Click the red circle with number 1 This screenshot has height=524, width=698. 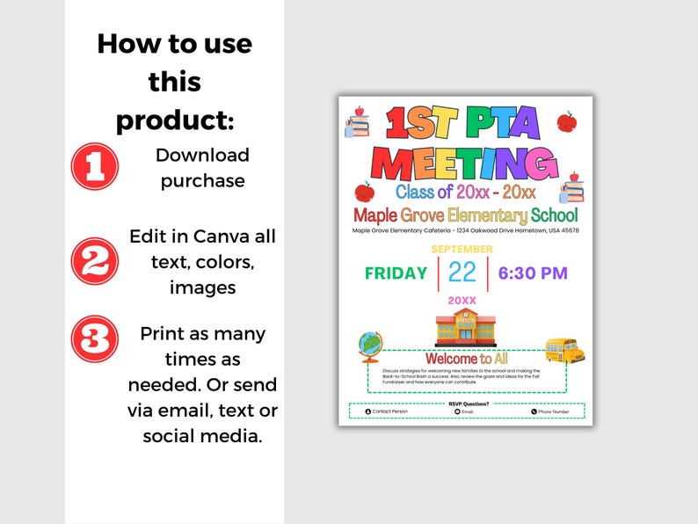[x=94, y=167]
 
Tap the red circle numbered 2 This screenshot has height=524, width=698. [x=94, y=261]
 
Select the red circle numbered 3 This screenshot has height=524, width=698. [x=94, y=339]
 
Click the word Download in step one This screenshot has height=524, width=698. [x=202, y=156]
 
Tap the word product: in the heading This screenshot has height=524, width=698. [x=175, y=120]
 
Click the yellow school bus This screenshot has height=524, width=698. [x=564, y=350]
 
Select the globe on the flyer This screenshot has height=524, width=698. [x=368, y=346]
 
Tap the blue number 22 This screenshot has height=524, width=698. [x=462, y=273]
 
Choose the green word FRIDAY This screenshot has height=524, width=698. [x=396, y=273]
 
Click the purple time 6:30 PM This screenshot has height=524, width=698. [x=533, y=273]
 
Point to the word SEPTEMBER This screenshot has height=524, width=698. [x=462, y=250]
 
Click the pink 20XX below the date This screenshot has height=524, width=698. [x=462, y=301]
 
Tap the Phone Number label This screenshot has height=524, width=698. [x=553, y=411]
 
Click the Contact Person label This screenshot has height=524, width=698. [x=389, y=411]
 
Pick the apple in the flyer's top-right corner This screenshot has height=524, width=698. [x=567, y=120]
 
